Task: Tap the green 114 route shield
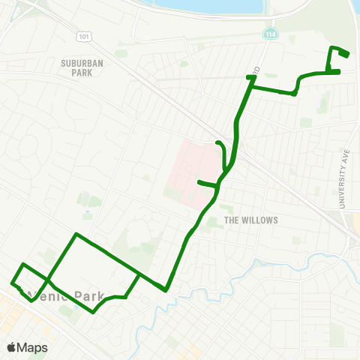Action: tap(268, 34)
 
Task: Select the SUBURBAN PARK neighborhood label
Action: tap(76, 69)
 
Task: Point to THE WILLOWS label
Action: tap(251, 220)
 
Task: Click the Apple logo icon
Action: tap(11, 347)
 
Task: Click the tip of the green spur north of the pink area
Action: tap(217, 142)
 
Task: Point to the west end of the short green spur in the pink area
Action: tap(199, 182)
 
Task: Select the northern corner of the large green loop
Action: tap(76, 235)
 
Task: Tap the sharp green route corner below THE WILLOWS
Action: tap(166, 289)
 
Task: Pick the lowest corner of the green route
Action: tap(93, 312)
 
